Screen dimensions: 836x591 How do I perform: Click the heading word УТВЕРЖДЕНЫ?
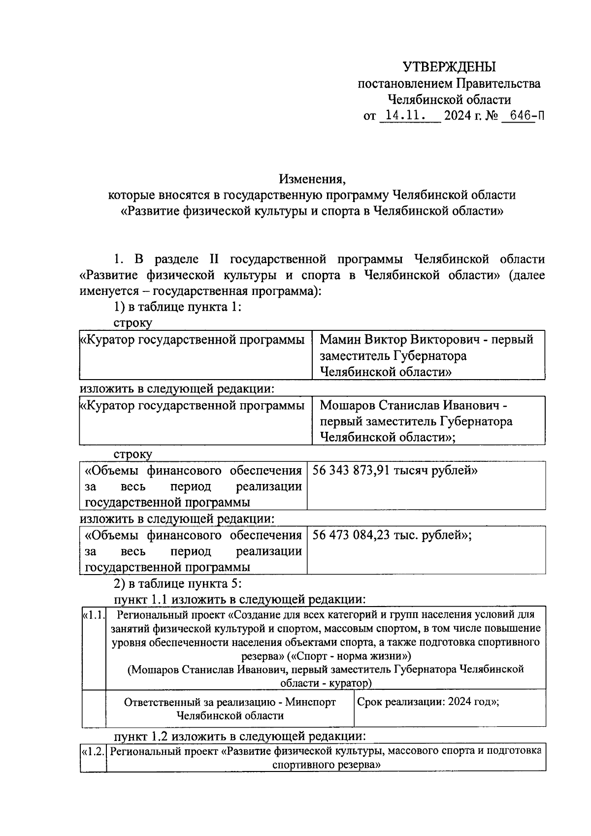449,66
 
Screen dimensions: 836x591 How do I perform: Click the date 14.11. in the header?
405,116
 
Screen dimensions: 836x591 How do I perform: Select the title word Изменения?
312,178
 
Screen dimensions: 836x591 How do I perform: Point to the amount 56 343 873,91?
351,471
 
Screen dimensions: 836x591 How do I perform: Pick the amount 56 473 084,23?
351,535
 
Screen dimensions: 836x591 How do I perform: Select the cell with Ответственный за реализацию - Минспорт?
230,709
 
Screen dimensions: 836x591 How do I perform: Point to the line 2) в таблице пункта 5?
177,584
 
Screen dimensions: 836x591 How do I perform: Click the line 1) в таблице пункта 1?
177,307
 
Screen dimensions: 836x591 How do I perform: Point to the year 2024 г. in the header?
461,116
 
